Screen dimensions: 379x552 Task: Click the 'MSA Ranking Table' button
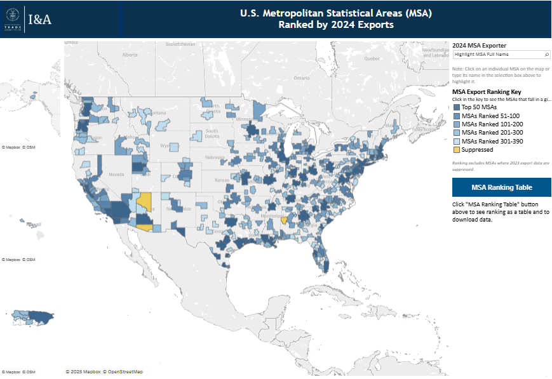pos(501,188)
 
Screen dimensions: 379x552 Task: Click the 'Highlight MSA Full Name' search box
pos(497,55)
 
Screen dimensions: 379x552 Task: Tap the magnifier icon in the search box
pos(547,55)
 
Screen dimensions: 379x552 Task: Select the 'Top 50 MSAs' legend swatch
pos(456,107)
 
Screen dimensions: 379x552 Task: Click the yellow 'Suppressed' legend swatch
pos(456,150)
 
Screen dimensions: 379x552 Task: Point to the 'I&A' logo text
pos(40,20)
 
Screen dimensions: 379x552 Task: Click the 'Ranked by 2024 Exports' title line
pos(336,25)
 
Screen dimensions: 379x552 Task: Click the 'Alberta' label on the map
pos(130,55)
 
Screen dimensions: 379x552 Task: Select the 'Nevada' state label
pos(117,174)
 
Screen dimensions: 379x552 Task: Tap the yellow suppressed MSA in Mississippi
pos(284,221)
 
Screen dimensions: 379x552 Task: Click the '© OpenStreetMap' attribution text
pos(125,371)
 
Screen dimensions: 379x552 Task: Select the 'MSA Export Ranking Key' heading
pos(487,92)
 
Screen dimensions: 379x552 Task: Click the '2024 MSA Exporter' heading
pos(479,46)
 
